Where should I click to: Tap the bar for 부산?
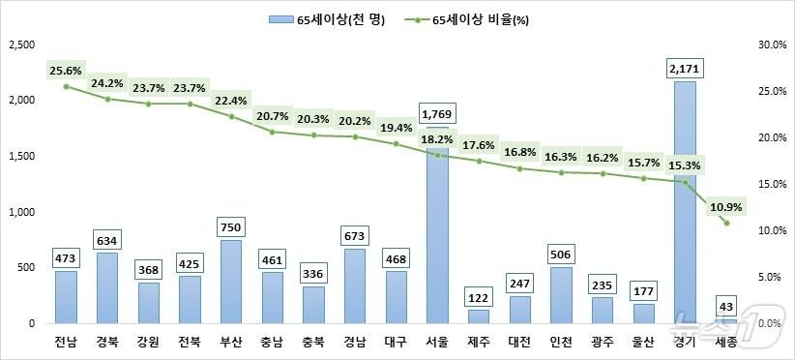(230, 281)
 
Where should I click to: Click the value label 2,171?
(684, 68)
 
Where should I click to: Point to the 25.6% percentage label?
(65, 71)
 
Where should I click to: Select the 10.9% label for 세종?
(727, 206)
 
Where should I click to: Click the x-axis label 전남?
(66, 341)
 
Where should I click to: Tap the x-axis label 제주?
(479, 341)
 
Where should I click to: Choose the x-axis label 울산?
(643, 341)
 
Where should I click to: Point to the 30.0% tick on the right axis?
(768, 45)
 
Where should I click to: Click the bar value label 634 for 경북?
(106, 239)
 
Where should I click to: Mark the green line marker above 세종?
(725, 223)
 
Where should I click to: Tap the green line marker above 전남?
(66, 86)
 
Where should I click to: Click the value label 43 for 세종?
(725, 306)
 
